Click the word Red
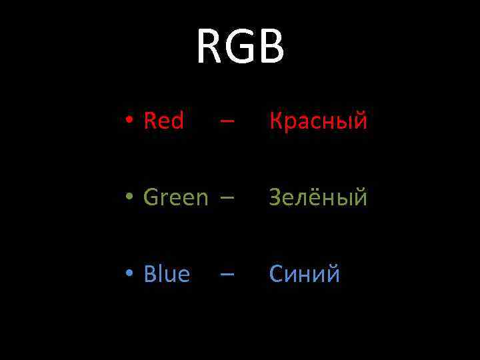click(163, 121)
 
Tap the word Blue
click(167, 274)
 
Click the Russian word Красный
click(318, 121)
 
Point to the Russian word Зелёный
click(318, 198)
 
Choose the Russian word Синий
click(305, 274)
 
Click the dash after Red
click(227, 123)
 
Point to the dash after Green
click(227, 199)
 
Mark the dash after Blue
click(227, 275)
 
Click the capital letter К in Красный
click(275, 121)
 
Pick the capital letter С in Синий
click(276, 274)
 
